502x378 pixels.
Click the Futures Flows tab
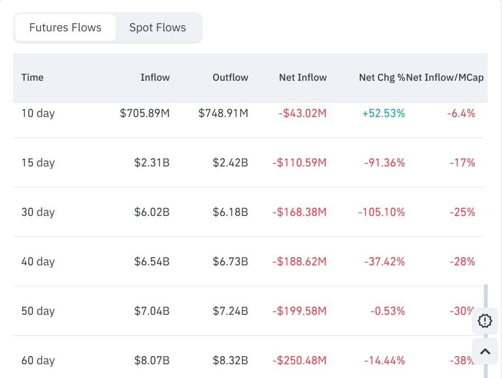65,27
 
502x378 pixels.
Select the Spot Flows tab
158,27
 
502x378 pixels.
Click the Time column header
32,77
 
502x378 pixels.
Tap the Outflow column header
230,77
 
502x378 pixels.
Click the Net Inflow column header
303,77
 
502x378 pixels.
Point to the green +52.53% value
383,113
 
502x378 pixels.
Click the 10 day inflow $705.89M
144,113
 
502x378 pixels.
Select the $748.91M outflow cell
223,113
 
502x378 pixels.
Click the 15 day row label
38,163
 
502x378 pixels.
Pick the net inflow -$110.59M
299,163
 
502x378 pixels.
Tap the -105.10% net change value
381,212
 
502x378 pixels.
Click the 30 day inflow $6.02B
152,212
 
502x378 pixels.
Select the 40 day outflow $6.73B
230,262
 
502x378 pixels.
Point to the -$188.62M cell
299,262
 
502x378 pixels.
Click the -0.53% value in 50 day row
387,311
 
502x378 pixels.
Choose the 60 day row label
38,360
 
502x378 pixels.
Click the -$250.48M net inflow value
299,360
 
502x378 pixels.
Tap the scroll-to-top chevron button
485,352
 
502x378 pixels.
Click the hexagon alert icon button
485,321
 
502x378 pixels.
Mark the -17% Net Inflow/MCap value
462,163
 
